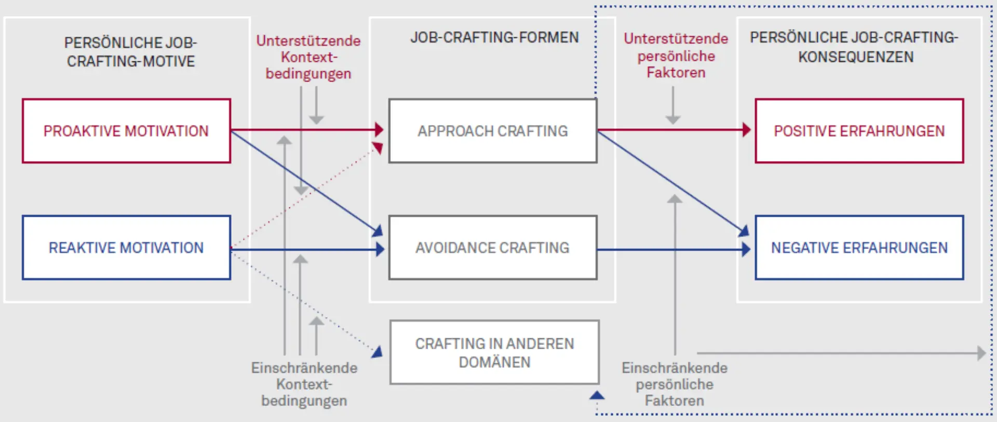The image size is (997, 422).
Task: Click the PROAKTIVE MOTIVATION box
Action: (126, 131)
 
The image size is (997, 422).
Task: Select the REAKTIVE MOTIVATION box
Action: (126, 248)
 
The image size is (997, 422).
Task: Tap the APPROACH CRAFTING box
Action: (492, 131)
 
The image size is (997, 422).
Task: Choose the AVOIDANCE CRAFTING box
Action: (492, 248)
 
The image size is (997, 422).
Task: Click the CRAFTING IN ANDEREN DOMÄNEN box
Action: (494, 352)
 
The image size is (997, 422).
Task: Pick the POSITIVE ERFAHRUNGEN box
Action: (859, 131)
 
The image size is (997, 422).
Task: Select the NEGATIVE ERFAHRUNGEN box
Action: (859, 248)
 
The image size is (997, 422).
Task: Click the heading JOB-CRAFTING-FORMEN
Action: (494, 37)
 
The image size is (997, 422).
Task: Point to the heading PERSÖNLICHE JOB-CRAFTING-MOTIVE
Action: (130, 51)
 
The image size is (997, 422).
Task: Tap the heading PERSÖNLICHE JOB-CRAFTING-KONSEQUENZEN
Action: (855, 47)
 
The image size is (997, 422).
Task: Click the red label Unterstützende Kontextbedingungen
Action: (308, 57)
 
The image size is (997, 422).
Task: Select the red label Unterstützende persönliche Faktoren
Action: (676, 55)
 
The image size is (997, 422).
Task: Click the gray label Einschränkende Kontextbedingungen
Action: (304, 384)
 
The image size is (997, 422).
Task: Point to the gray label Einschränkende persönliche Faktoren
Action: (675, 384)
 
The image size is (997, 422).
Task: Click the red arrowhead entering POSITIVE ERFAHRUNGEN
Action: (747, 130)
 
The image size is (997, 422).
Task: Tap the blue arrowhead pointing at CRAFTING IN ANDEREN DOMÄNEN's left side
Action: (378, 352)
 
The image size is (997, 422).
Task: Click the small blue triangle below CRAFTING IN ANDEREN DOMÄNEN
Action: (597, 396)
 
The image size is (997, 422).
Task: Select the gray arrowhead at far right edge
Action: (981, 353)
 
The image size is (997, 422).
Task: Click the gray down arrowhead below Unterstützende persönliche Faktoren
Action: (673, 120)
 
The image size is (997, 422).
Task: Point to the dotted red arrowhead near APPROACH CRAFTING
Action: (378, 148)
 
